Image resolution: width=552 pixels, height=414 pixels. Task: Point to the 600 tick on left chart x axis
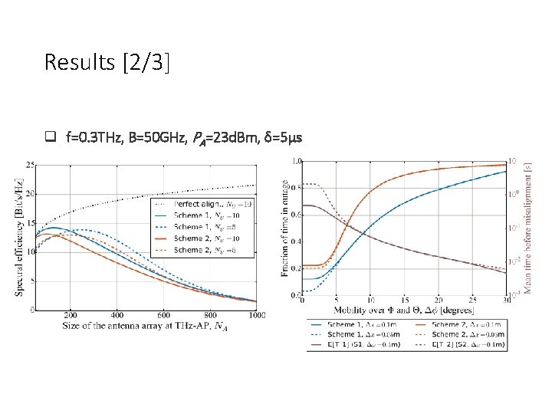[x=163, y=315]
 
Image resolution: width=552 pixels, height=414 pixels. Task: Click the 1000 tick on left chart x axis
[x=256, y=315]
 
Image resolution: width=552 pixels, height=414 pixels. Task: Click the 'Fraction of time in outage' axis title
[x=284, y=228]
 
